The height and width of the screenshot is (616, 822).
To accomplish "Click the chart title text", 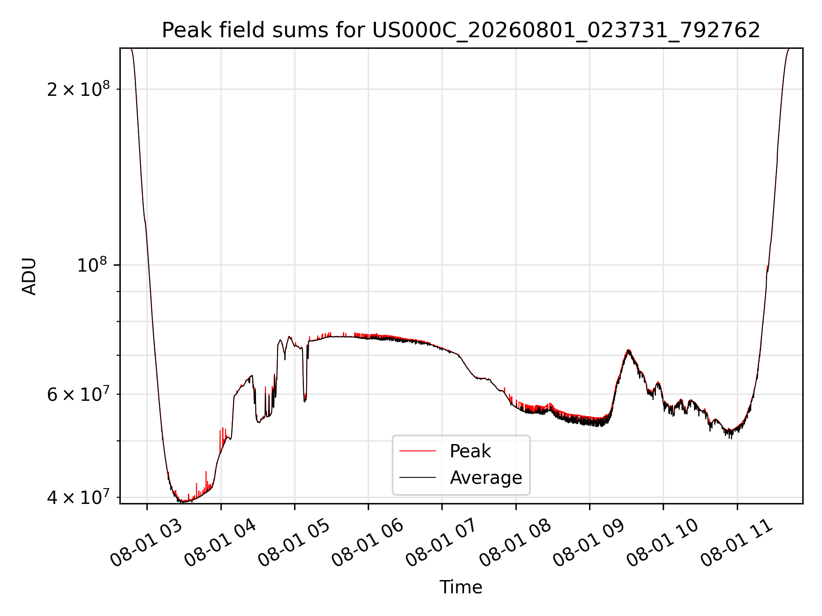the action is pyautogui.click(x=461, y=30).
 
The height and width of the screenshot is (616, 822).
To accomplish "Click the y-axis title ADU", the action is pyautogui.click(x=29, y=276).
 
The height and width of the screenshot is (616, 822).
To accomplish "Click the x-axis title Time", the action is pyautogui.click(x=461, y=587).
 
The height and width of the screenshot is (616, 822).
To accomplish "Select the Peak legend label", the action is pyautogui.click(x=470, y=451).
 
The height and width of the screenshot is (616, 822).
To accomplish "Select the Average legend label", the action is pyautogui.click(x=486, y=477).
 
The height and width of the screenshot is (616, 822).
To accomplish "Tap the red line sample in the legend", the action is pyautogui.click(x=417, y=451).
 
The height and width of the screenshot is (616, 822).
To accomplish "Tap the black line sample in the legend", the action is pyautogui.click(x=417, y=477).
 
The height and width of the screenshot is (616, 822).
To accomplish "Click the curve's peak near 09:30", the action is pyautogui.click(x=628, y=350).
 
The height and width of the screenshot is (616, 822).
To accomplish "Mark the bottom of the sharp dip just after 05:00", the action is pyautogui.click(x=305, y=401).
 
